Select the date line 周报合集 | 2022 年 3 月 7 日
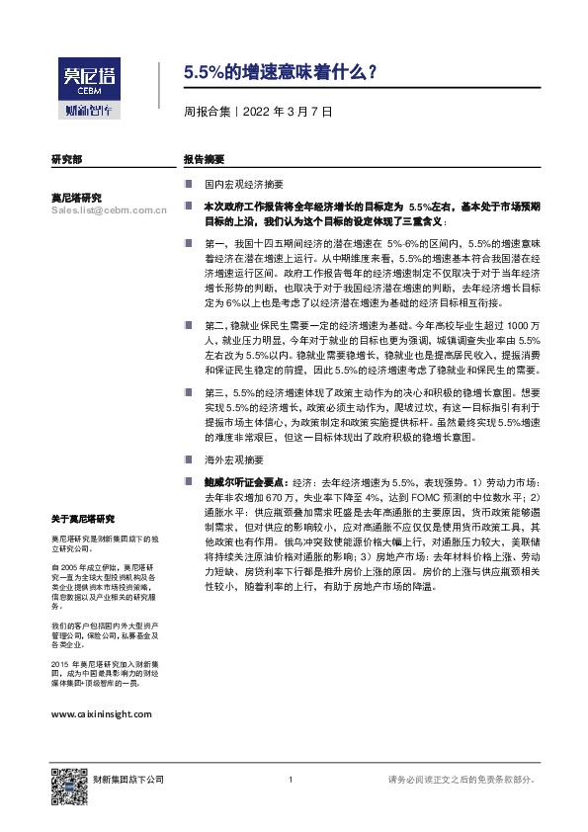point(258,112)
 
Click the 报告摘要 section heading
point(204,159)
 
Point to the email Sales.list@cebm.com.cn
point(109,210)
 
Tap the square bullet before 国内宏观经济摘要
point(188,185)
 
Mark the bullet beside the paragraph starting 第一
point(188,242)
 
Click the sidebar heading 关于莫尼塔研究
point(83,519)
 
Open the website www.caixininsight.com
point(101,712)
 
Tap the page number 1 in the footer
point(291,781)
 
